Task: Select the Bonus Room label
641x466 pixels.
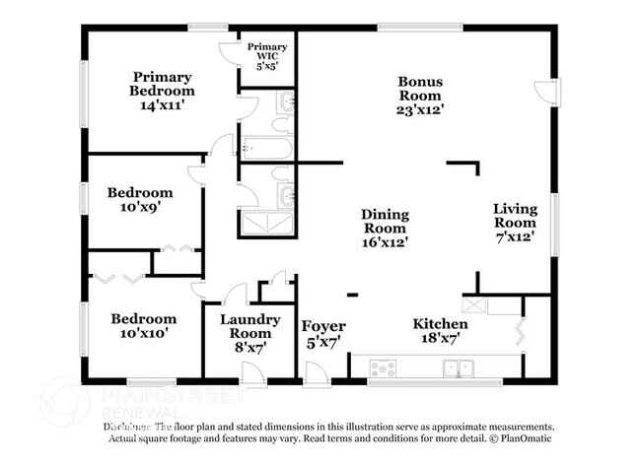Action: click(x=420, y=96)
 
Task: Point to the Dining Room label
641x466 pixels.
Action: click(x=385, y=227)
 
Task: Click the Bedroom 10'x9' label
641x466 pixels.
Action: click(x=140, y=200)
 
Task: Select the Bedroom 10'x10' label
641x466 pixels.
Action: click(x=143, y=325)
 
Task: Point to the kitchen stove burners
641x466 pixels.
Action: click(x=382, y=368)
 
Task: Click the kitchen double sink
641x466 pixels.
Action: click(x=460, y=368)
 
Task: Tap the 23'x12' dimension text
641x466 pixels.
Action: click(x=420, y=110)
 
